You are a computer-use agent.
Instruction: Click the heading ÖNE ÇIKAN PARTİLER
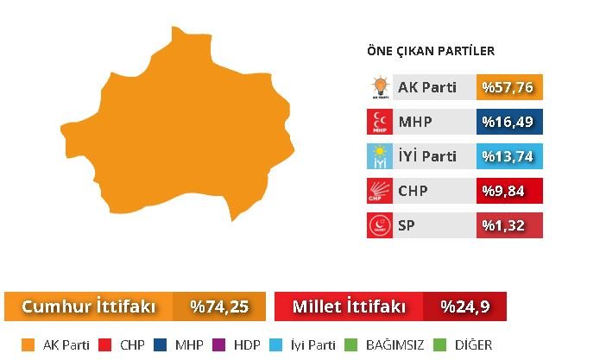coord(431,52)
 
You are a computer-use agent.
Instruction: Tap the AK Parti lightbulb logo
coord(380,87)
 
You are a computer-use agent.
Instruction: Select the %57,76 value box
coord(509,87)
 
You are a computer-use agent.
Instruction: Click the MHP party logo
coord(380,122)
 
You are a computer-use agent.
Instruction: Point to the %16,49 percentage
coord(509,122)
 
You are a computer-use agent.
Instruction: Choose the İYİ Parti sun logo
coord(380,156)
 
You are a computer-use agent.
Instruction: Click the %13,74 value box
coord(509,156)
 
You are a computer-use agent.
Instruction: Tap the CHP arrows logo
coord(380,191)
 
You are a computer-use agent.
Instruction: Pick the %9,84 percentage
coord(509,191)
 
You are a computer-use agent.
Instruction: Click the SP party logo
coord(380,225)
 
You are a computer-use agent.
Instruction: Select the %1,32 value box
coord(509,225)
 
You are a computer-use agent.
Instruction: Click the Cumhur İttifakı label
coord(88,306)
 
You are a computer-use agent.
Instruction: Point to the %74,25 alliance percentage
coord(219,306)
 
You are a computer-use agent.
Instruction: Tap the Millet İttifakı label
coord(349,306)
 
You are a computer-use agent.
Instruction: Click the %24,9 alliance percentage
coord(464,306)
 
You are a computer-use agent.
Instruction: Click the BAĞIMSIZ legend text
coord(393,345)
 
